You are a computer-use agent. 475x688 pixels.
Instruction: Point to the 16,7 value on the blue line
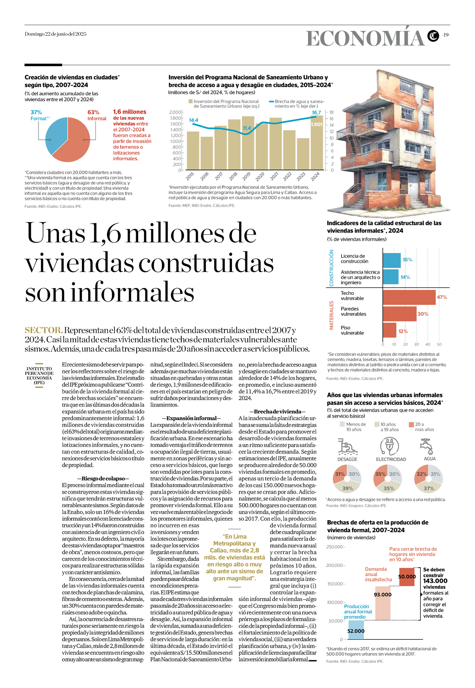(316, 113)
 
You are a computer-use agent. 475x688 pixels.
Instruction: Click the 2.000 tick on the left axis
(175, 112)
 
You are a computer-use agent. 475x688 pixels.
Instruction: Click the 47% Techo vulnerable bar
(409, 297)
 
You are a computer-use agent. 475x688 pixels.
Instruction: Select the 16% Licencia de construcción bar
(391, 260)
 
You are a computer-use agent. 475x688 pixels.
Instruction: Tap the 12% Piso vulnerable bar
(389, 331)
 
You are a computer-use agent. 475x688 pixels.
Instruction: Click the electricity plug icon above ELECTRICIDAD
(389, 446)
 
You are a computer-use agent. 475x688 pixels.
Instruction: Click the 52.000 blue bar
(356, 630)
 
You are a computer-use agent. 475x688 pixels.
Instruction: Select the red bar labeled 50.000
(407, 576)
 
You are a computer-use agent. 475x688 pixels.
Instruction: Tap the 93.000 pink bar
(382, 602)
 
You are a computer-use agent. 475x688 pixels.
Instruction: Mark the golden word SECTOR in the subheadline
(44, 330)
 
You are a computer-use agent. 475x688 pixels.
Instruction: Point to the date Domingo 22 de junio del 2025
(55, 34)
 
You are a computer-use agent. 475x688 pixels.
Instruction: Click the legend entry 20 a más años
(424, 427)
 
